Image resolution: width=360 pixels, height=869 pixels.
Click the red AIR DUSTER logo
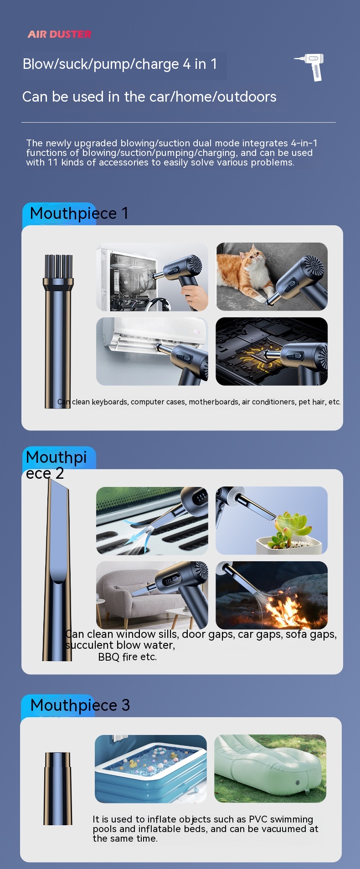[x=60, y=34]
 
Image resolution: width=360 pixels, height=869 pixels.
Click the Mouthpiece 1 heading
[x=79, y=213]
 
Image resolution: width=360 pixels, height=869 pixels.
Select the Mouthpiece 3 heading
[x=80, y=705]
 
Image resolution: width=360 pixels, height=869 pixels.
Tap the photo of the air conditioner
[x=152, y=352]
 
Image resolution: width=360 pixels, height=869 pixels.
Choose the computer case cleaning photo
[x=152, y=277]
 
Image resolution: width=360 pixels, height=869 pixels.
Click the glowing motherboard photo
[x=272, y=352]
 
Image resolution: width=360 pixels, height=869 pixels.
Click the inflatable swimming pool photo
[x=151, y=769]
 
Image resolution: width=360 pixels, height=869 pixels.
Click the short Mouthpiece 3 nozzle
[x=58, y=789]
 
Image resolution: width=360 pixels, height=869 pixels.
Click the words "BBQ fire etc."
[x=128, y=657]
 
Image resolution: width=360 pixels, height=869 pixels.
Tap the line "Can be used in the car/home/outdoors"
[x=149, y=97]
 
